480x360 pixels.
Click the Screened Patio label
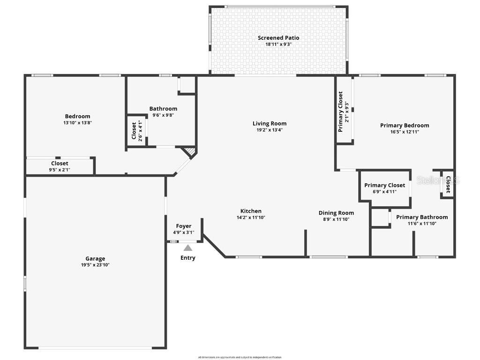[278, 38]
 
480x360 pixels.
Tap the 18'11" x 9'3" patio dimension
[278, 45]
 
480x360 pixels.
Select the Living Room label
[270, 124]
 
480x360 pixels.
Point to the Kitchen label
[251, 211]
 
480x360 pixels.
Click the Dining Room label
[336, 213]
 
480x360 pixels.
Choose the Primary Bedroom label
[405, 125]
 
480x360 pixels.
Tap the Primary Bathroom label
[422, 217]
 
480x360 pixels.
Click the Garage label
[95, 258]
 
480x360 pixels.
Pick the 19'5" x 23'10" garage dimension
[95, 265]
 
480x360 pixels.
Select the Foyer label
[184, 226]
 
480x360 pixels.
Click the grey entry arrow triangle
[188, 247]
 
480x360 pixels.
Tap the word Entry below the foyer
[188, 258]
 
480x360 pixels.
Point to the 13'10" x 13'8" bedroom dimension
[78, 123]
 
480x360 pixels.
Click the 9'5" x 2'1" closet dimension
[60, 170]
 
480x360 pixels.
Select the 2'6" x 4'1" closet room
[136, 131]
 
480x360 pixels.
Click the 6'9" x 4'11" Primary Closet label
[385, 188]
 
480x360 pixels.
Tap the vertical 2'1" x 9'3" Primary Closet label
[344, 112]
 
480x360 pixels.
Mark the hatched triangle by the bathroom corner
[189, 152]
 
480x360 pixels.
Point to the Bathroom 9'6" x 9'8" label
[163, 112]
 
